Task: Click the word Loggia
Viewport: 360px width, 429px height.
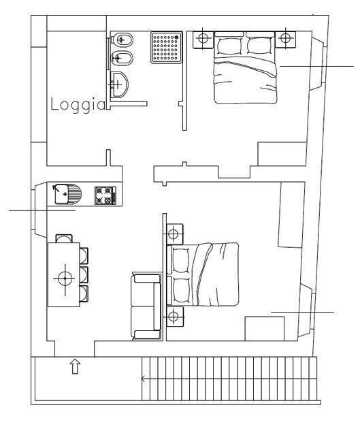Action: pyautogui.click(x=78, y=105)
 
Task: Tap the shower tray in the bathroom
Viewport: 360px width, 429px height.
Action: pyautogui.click(x=166, y=48)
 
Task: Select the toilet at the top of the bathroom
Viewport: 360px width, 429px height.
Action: pyautogui.click(x=122, y=40)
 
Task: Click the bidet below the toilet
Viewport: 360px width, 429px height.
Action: pyautogui.click(x=122, y=59)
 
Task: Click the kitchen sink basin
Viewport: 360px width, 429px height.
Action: pyautogui.click(x=61, y=194)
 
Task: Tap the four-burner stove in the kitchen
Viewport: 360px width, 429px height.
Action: pyautogui.click(x=105, y=195)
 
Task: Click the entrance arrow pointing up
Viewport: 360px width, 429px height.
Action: pyautogui.click(x=75, y=366)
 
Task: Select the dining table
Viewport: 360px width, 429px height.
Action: pyautogui.click(x=64, y=274)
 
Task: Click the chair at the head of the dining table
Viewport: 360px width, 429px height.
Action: pyautogui.click(x=64, y=238)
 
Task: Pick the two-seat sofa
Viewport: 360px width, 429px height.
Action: pyautogui.click(x=147, y=306)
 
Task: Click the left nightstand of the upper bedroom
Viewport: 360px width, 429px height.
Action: pyautogui.click(x=203, y=39)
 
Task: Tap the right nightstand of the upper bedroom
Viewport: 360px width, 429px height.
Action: pyautogui.click(x=285, y=39)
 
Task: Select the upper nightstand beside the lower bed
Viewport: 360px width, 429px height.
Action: pyautogui.click(x=174, y=234)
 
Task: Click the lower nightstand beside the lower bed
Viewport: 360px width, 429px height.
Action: pyautogui.click(x=175, y=317)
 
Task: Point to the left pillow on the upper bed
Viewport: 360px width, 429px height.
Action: pyautogui.click(x=230, y=46)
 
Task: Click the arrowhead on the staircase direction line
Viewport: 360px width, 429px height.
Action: pyautogui.click(x=143, y=379)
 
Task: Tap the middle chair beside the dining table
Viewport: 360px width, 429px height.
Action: pyautogui.click(x=84, y=274)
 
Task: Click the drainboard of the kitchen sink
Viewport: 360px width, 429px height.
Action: pyautogui.click(x=75, y=194)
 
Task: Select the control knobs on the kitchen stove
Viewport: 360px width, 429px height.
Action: pyautogui.click(x=114, y=195)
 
